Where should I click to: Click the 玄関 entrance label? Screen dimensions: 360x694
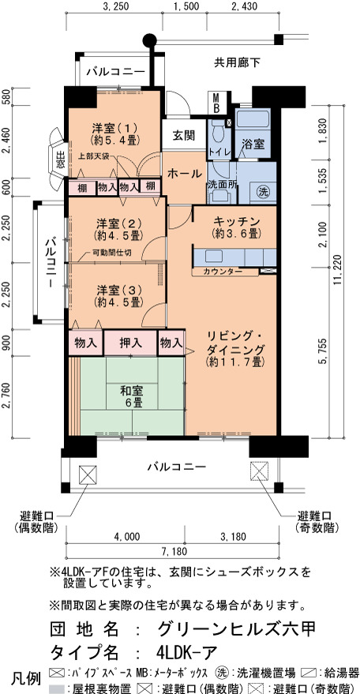tap(183, 136)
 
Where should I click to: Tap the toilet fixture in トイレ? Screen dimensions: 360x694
tap(217, 129)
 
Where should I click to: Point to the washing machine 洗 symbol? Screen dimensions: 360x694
tap(264, 192)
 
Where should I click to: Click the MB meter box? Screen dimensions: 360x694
tap(217, 102)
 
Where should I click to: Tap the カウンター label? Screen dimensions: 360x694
tap(223, 272)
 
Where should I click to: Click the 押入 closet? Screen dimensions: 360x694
tap(130, 342)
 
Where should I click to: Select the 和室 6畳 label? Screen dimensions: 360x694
tap(132, 396)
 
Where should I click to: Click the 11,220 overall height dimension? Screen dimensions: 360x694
tap(339, 271)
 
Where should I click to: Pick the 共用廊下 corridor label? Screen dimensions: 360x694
tap(237, 63)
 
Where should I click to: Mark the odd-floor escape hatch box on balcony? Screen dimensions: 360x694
tap(260, 471)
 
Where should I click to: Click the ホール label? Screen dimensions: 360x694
tap(184, 174)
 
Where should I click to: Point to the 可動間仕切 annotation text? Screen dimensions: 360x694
tap(111, 253)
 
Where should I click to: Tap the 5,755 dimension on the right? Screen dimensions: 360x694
tap(325, 351)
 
